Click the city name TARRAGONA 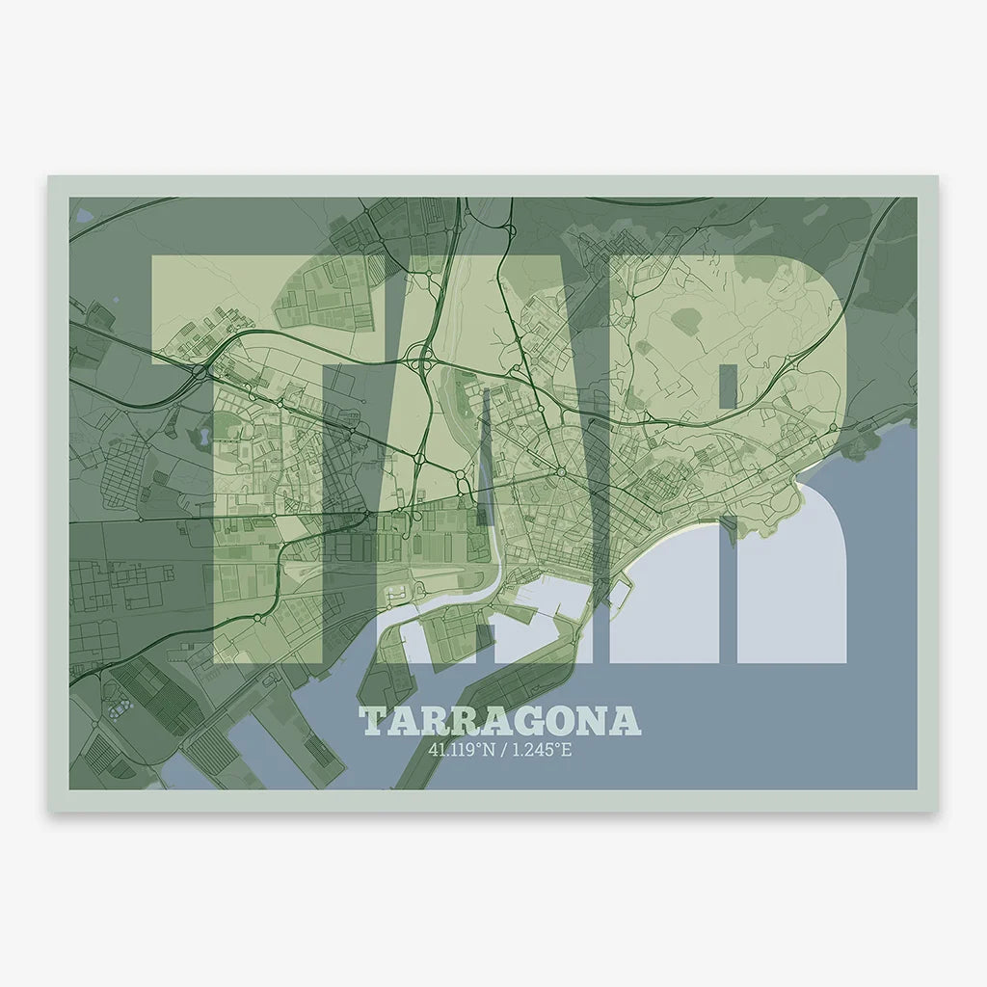click(499, 721)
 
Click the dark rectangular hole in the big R click(729, 386)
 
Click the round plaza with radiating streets click(560, 471)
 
